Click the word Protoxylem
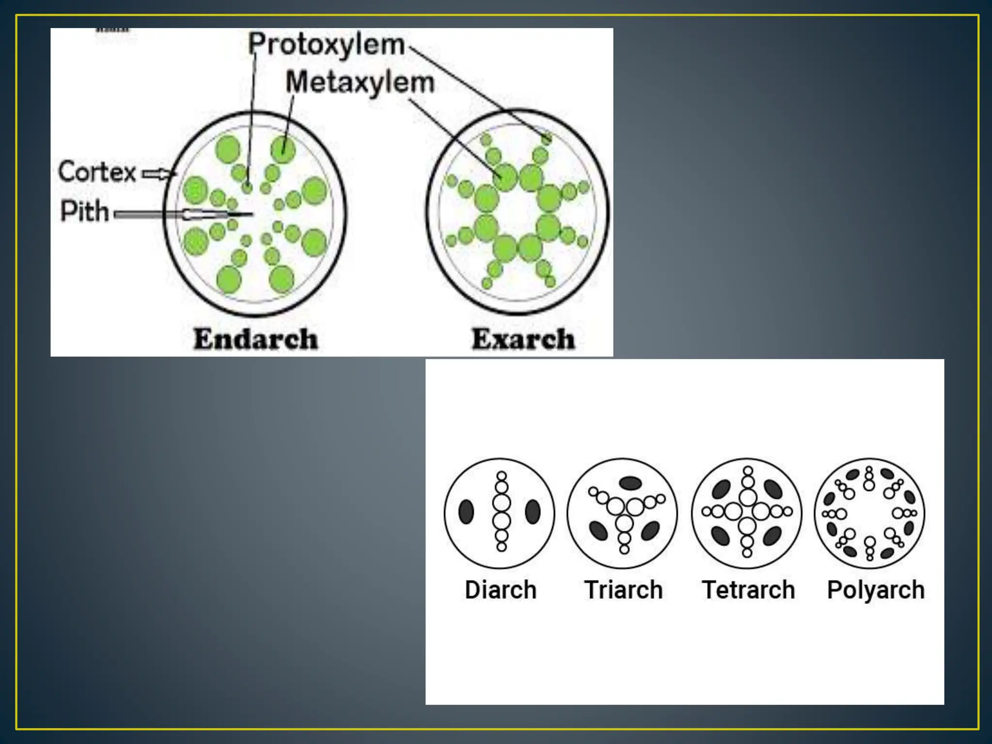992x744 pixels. coord(326,45)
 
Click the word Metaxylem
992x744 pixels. coord(360,82)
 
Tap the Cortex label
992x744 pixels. coord(97,172)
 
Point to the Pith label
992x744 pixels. coord(84,212)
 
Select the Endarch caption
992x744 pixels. coord(256,339)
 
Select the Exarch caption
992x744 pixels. coord(523,339)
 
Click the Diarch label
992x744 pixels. coord(500,590)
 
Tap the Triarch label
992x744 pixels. coord(623,590)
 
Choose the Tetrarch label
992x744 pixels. coord(748,590)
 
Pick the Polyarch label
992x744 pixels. coord(876,590)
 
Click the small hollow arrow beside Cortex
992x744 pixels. coord(158,173)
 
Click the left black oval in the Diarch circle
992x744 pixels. coord(466,512)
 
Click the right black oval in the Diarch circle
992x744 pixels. coord(533,512)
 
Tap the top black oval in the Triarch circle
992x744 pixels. coord(631,482)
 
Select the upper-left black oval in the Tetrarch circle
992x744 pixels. coord(721,489)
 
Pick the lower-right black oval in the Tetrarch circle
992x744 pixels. coord(772,536)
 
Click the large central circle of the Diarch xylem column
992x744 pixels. coord(502,503)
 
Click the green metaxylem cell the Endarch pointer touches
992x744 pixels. coord(283,149)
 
